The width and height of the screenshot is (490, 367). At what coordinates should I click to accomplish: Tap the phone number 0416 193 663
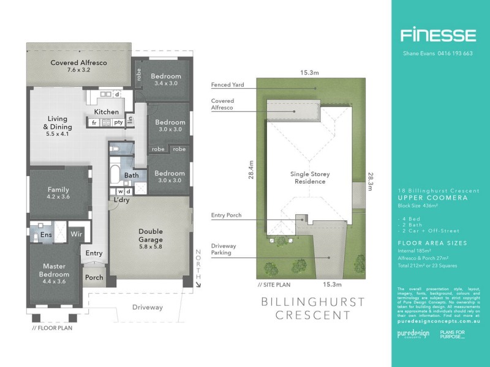tap(454, 53)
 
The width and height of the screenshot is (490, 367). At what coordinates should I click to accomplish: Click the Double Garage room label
tap(150, 235)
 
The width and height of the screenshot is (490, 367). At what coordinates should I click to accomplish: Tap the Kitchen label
tap(106, 112)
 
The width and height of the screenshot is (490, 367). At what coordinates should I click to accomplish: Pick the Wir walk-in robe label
tap(77, 233)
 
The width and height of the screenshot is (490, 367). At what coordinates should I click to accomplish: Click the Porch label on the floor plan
tap(94, 277)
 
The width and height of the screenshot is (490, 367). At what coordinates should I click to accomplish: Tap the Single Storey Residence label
tap(309, 178)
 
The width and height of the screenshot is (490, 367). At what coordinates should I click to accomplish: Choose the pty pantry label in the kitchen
tap(118, 122)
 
